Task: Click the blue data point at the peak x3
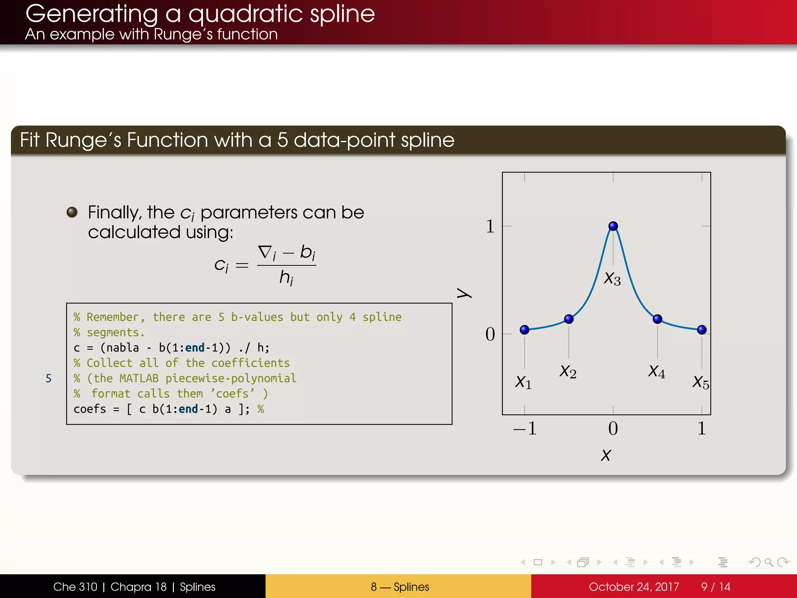coord(613,226)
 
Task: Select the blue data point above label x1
coord(524,330)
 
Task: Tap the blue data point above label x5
coord(702,330)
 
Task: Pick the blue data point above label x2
coord(569,319)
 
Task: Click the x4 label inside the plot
coord(657,371)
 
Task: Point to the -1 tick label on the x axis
coord(525,428)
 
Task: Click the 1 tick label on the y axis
coord(490,226)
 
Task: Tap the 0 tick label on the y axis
coord(490,334)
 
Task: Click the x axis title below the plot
coord(606,455)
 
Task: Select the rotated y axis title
coord(464,293)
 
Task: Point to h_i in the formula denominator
coord(286,278)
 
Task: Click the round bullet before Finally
coord(72,212)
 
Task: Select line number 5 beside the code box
coord(48,378)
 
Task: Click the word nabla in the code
coord(122,348)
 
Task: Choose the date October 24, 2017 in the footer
coord(634,587)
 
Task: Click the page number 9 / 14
coord(715,587)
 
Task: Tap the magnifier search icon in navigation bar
coord(769,562)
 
